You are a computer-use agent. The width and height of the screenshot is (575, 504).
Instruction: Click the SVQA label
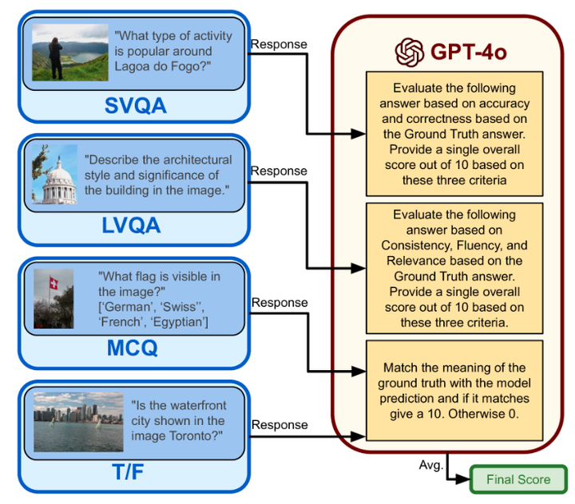click(x=135, y=104)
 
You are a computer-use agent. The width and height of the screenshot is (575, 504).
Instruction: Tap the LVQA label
click(x=132, y=226)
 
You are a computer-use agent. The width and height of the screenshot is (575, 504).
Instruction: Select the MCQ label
click(x=133, y=348)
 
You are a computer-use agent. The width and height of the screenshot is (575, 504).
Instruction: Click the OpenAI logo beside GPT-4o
click(x=409, y=53)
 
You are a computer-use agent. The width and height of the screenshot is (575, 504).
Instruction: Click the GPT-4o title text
click(x=469, y=53)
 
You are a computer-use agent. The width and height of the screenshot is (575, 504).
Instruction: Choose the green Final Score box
click(x=519, y=479)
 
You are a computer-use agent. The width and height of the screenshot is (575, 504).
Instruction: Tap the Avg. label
click(x=430, y=464)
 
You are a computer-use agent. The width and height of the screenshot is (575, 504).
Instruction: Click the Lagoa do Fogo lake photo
click(x=59, y=50)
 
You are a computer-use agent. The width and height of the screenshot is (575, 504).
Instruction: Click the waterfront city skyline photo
click(x=67, y=420)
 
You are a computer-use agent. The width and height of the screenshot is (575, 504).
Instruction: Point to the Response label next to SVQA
click(x=279, y=43)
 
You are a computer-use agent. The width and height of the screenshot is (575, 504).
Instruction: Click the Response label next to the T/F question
click(x=279, y=425)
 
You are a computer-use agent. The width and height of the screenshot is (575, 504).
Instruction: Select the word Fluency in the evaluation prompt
click(x=474, y=246)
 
